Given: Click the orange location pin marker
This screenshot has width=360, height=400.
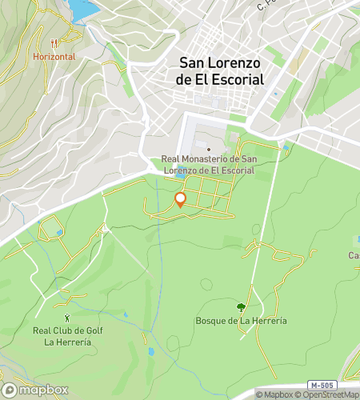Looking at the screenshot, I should (180, 199).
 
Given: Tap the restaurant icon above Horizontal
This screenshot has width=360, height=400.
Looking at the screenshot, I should (54, 44).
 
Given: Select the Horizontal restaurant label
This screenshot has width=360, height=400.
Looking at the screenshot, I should (54, 57).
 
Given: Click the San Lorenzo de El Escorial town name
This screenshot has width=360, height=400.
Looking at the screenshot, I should (221, 72).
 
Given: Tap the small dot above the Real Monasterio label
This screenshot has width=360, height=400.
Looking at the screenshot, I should (208, 149).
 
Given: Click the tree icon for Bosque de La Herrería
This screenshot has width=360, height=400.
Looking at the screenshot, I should (241, 306).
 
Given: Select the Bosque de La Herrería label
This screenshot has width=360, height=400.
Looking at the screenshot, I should (241, 321).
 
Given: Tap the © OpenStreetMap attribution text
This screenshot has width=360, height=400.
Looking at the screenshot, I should (330, 394).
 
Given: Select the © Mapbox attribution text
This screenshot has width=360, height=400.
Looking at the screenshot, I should (276, 394).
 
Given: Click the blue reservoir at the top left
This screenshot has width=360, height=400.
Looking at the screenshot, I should (82, 9).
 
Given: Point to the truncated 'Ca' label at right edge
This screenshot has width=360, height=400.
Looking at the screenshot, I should (353, 255).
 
